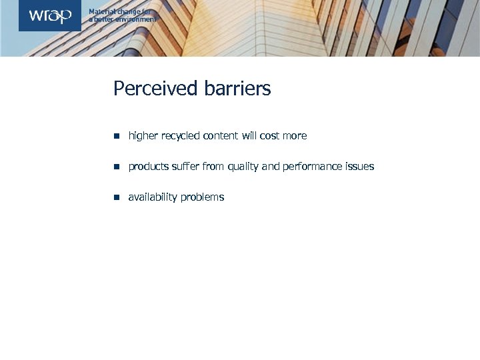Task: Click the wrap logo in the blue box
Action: [x=50, y=15]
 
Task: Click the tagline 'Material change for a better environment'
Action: [x=123, y=15]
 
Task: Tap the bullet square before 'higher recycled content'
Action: [x=116, y=136]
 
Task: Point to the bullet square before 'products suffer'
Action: [x=116, y=167]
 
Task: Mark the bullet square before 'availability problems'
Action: [x=116, y=197]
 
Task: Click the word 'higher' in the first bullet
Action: [x=143, y=136]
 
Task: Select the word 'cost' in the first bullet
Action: [x=270, y=136]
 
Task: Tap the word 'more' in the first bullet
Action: [x=295, y=136]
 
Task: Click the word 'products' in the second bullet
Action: [x=149, y=167]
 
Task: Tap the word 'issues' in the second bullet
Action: [x=360, y=167]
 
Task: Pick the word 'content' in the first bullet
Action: [x=221, y=136]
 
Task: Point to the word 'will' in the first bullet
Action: [x=249, y=136]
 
